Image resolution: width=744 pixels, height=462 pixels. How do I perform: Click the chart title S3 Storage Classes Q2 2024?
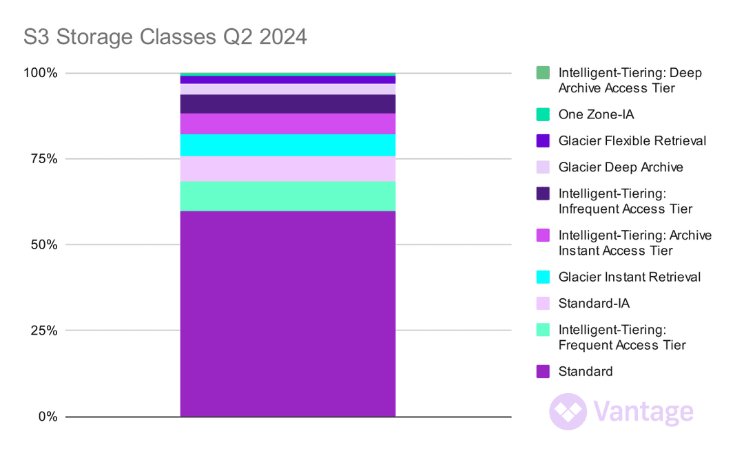click(165, 36)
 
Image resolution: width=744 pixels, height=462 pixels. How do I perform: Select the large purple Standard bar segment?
click(287, 313)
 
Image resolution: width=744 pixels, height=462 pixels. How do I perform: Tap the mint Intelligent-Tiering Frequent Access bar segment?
click(287, 196)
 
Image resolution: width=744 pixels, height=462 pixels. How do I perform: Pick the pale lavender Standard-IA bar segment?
click(287, 169)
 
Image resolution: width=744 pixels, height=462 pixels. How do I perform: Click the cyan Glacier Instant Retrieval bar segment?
click(287, 145)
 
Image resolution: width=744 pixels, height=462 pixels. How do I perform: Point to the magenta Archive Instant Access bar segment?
click(287, 123)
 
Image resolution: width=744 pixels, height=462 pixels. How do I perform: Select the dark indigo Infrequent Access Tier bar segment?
click(287, 104)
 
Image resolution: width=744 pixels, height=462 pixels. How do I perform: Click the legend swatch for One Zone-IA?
click(543, 114)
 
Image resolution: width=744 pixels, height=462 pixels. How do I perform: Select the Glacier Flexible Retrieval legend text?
click(632, 141)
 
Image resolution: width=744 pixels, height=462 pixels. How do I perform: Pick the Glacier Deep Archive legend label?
click(621, 167)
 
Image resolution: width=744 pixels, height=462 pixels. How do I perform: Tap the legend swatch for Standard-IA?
click(543, 303)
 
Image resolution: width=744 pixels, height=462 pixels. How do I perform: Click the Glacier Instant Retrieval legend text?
click(630, 277)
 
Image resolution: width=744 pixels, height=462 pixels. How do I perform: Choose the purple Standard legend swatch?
click(543, 372)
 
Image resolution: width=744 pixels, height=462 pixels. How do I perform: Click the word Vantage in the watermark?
click(643, 411)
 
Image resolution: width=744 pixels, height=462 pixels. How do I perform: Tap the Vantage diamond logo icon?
click(568, 411)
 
